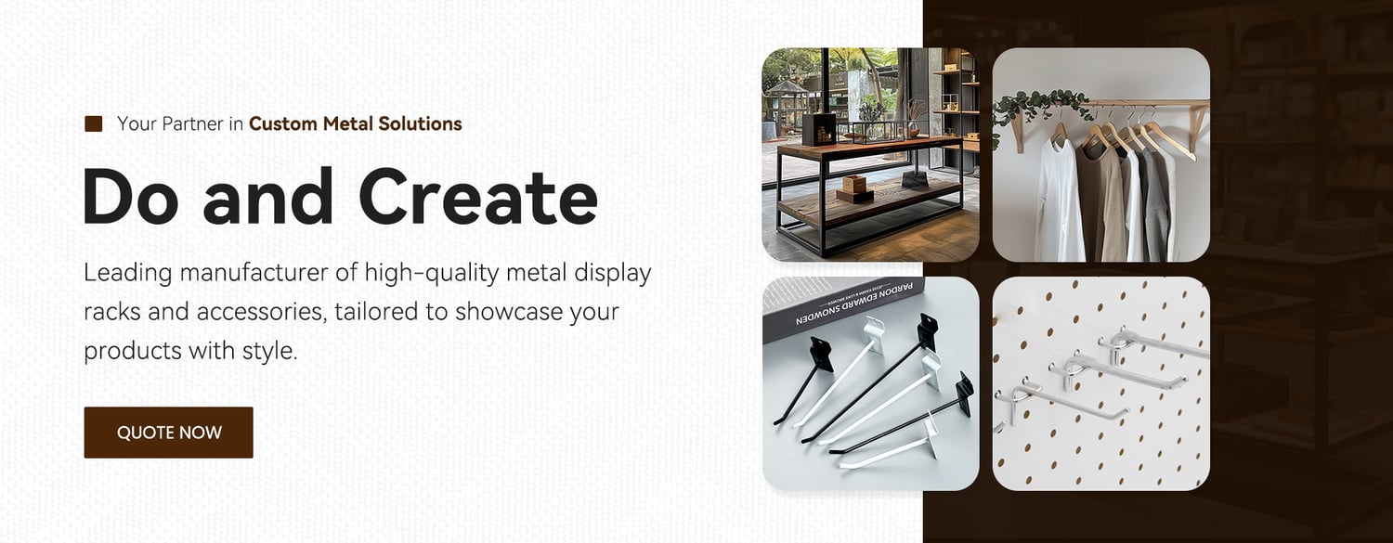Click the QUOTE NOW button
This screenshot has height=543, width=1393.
168,433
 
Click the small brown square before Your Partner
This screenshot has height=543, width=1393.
93,123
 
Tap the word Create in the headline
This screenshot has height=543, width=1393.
478,197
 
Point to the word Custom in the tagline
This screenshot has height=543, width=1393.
283,123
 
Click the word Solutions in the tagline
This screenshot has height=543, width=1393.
420,123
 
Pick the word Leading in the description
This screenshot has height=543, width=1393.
127,274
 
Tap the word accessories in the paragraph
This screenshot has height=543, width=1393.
261,312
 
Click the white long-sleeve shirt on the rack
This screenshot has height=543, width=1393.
1057,199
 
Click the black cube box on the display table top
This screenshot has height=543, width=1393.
819,129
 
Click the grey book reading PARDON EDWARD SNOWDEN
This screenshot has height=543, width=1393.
842,307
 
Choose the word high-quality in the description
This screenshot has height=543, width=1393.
432,274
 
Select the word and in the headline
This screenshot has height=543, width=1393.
268,197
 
